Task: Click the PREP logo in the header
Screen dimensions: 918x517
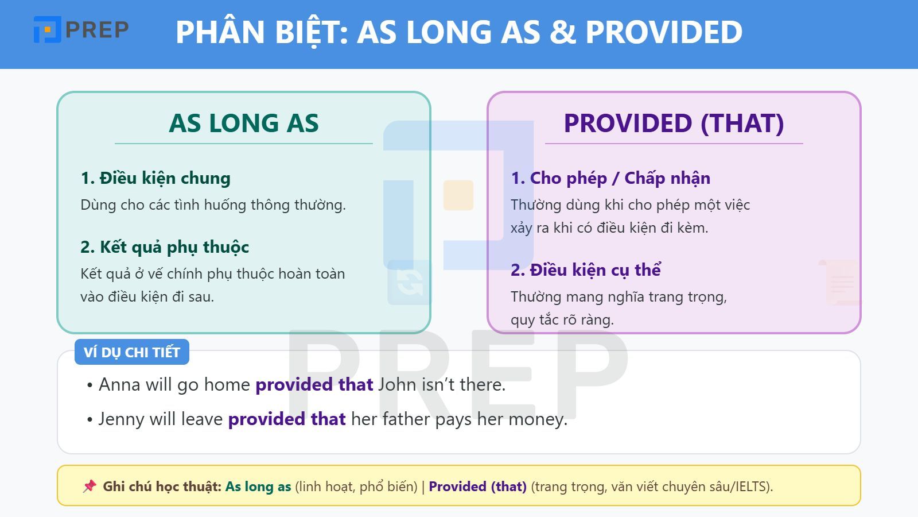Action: pyautogui.click(x=81, y=29)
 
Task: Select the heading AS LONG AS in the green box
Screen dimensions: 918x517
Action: pyautogui.click(x=244, y=123)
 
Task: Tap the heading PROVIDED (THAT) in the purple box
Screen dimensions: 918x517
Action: pyautogui.click(x=674, y=123)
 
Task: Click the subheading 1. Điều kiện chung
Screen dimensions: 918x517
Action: pyautogui.click(x=155, y=178)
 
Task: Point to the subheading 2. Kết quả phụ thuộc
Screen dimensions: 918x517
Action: pyautogui.click(x=165, y=247)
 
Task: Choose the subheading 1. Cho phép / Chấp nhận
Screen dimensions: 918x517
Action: pyautogui.click(x=610, y=178)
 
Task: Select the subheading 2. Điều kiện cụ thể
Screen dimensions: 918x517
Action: pyautogui.click(x=586, y=270)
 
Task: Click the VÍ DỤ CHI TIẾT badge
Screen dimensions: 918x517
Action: pyautogui.click(x=132, y=352)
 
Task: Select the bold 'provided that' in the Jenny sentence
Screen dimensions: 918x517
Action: pyautogui.click(x=287, y=419)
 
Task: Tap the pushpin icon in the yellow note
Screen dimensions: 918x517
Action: pyautogui.click(x=90, y=486)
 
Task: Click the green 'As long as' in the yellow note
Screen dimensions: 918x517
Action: pyautogui.click(x=258, y=486)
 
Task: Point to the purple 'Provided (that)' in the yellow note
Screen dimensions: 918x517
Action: pyautogui.click(x=477, y=486)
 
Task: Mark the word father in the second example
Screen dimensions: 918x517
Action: pyautogui.click(x=406, y=419)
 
